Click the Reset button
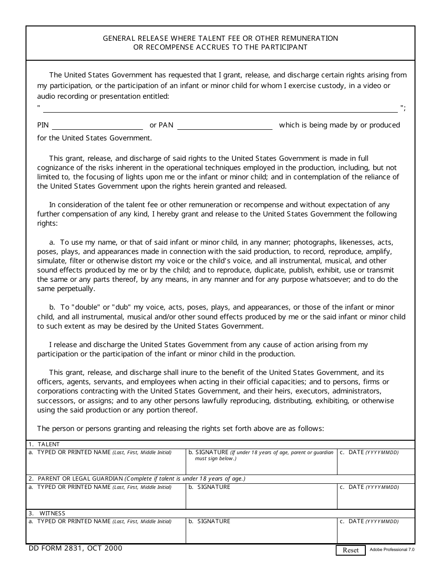point(350,550)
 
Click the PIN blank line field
point(97,126)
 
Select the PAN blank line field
point(225,126)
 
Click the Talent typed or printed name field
point(106,465)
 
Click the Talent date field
point(376,465)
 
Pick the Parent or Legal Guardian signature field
point(261,499)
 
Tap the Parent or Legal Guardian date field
point(376,499)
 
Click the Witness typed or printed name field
point(106,533)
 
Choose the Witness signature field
point(261,533)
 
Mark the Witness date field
point(376,533)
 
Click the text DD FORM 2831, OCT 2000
point(75,548)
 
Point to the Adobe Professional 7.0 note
point(392,550)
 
